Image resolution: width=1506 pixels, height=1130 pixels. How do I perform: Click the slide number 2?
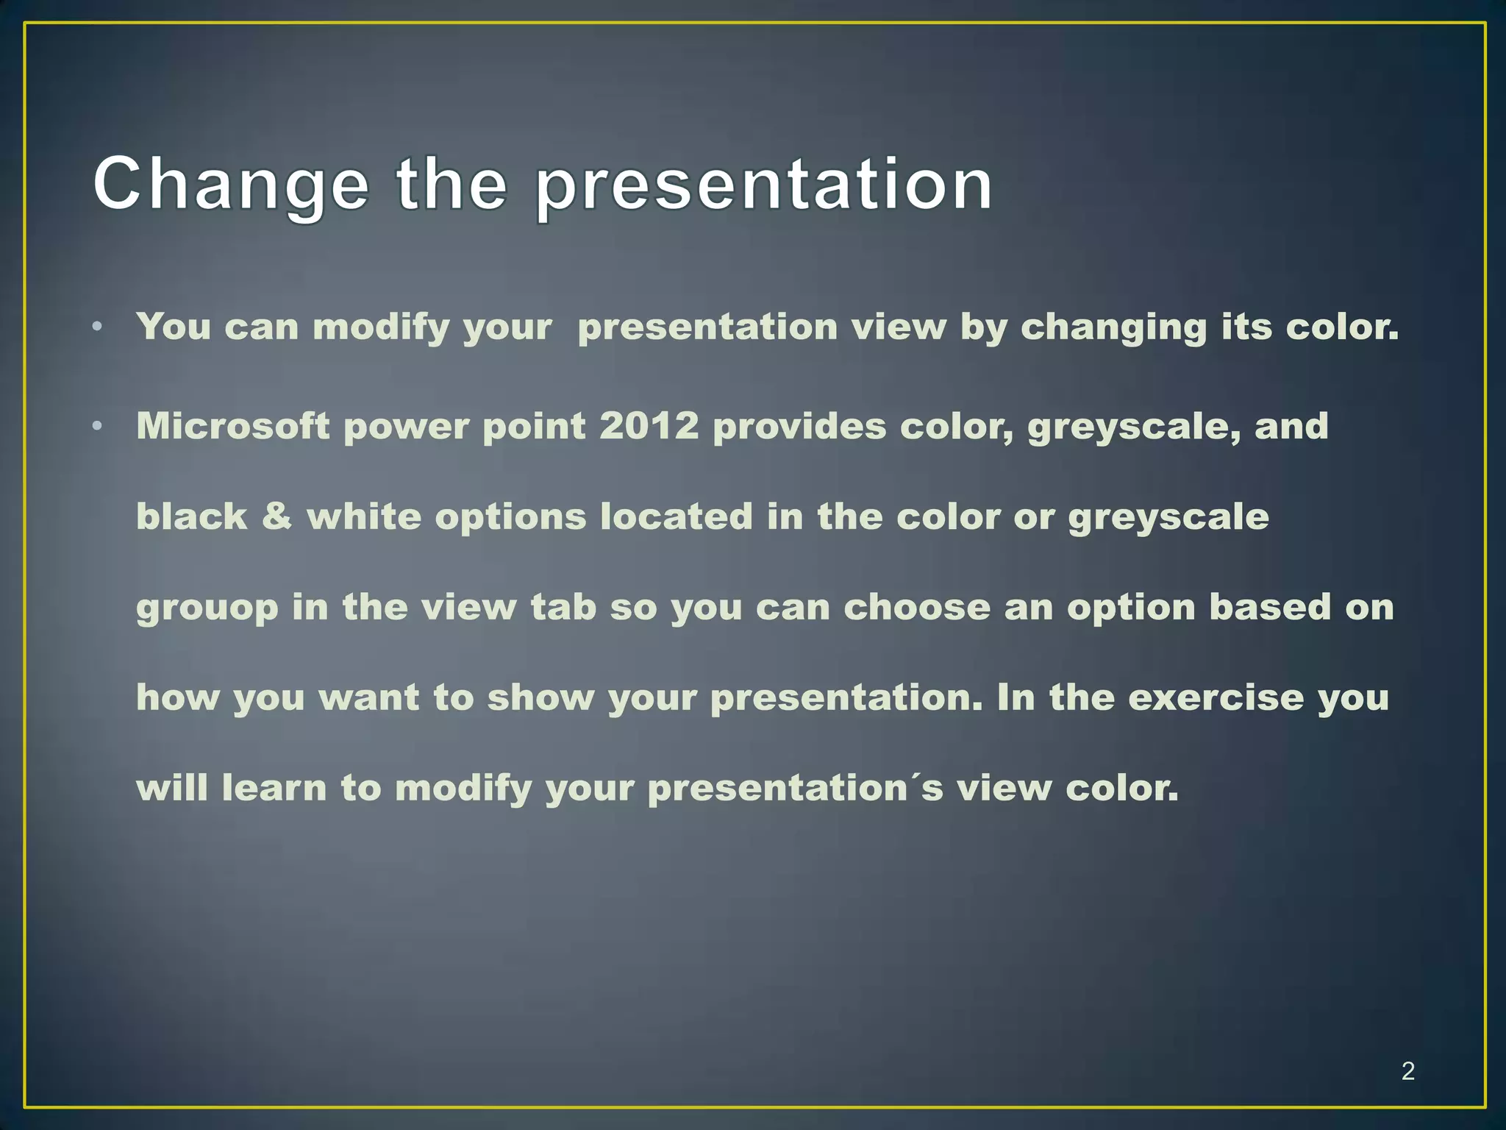click(x=1407, y=1070)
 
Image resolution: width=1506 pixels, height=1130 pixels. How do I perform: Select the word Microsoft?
click(x=232, y=426)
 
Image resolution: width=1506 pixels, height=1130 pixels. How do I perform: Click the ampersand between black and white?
click(x=276, y=516)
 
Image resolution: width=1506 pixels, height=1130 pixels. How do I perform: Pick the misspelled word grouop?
click(x=207, y=608)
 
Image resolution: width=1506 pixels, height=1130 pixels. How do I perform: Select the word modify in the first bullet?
click(x=381, y=327)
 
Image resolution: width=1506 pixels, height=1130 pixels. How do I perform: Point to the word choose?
click(x=916, y=607)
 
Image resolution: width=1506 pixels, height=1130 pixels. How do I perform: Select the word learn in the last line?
click(x=274, y=787)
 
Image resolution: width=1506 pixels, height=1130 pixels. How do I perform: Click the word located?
click(x=677, y=516)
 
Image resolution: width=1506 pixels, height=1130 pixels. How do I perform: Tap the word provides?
click(x=799, y=426)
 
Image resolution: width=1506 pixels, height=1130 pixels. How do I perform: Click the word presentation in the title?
click(x=763, y=185)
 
